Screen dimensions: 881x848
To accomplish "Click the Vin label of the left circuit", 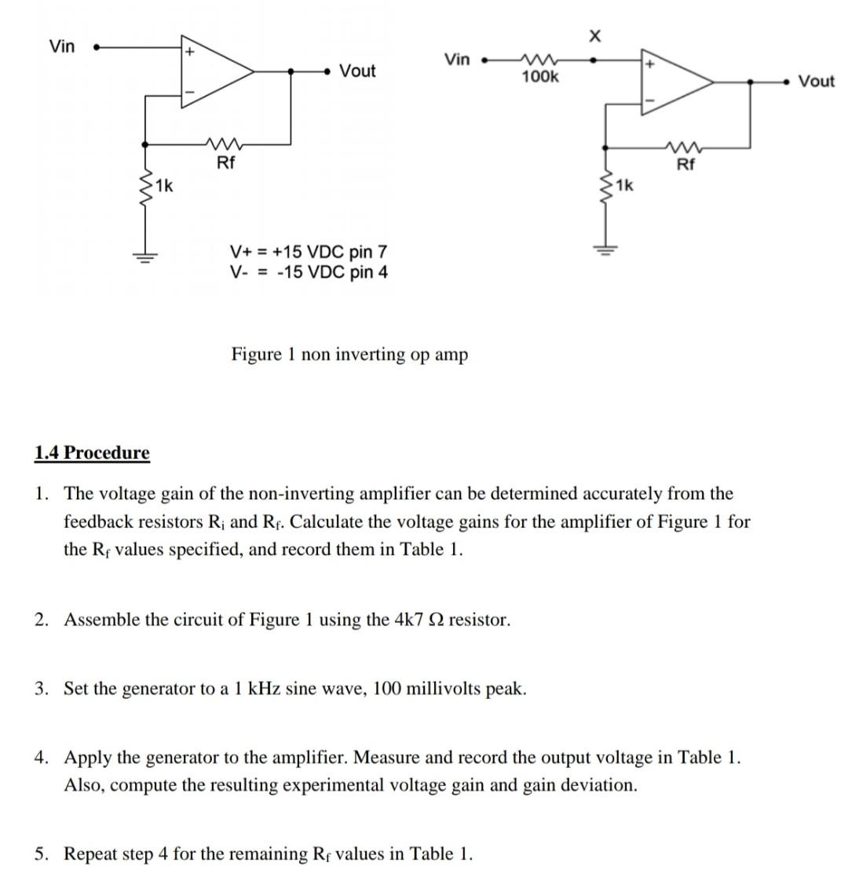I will pos(62,46).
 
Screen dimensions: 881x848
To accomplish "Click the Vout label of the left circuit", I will pos(357,71).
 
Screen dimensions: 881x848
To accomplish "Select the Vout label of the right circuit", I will pos(816,81).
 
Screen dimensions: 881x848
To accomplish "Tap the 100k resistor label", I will pos(540,77).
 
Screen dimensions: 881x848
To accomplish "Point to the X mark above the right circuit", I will pos(594,36).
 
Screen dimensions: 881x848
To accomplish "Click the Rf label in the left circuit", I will pos(225,163).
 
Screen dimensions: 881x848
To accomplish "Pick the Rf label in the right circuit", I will pos(685,164).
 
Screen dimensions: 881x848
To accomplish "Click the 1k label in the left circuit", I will pos(165,187).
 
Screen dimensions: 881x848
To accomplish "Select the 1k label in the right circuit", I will pos(624,186).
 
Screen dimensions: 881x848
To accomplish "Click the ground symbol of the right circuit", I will pos(605,252).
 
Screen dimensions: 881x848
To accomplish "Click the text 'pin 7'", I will pos(368,252).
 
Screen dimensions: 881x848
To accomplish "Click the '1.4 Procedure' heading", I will pos(92,453).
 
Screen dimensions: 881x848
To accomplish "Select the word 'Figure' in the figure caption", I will pos(256,355).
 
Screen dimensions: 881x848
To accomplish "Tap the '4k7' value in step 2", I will pos(410,620).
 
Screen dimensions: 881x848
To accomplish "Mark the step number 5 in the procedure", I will pos(39,854).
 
